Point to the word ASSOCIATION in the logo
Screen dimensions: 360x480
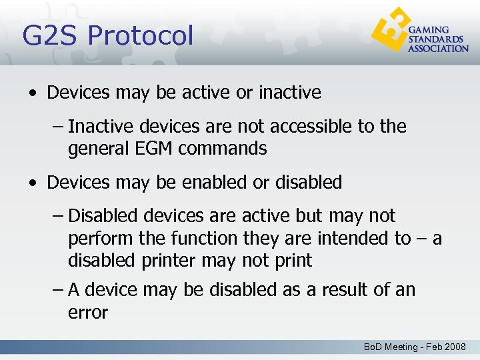pos(438,49)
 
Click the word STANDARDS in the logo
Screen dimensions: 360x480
pos(435,39)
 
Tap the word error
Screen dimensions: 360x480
pos(88,312)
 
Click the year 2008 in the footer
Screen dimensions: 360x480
pos(455,347)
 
